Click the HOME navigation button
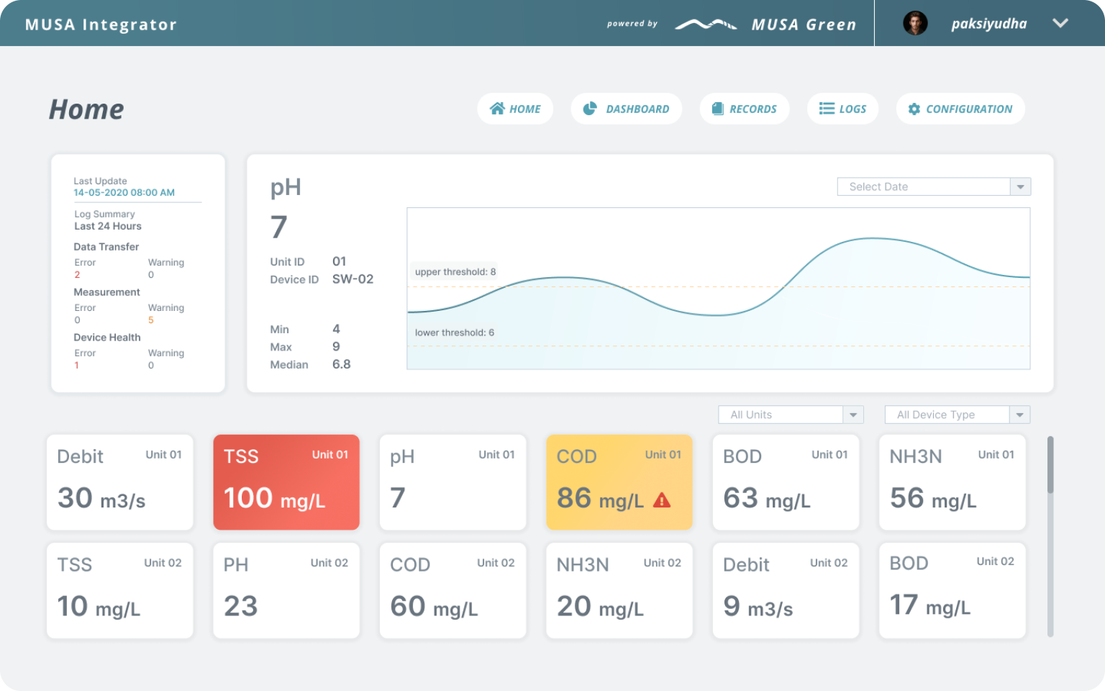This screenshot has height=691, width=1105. [x=515, y=109]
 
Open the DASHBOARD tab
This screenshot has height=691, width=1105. [x=626, y=109]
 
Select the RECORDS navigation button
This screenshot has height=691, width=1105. [x=745, y=109]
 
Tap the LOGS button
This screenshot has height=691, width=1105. [x=842, y=109]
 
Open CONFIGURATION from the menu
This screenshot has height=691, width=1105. [x=960, y=109]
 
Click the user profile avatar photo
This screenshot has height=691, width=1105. [x=915, y=23]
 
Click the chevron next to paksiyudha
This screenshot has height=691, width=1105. [x=1060, y=23]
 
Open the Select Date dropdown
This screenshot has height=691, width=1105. [x=934, y=186]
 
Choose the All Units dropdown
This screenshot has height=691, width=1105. [x=791, y=415]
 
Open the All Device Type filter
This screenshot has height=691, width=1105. [x=957, y=415]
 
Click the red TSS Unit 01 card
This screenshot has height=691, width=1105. [x=286, y=482]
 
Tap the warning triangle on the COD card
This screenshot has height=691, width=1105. [x=662, y=500]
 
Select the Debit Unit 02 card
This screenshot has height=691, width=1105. [x=786, y=590]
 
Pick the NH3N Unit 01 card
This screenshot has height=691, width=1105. [x=952, y=482]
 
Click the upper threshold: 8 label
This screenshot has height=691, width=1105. [x=455, y=271]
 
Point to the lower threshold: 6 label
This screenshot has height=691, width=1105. [x=455, y=332]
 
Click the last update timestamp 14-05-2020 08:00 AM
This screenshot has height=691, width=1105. [x=124, y=192]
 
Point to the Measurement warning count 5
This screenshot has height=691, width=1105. [x=151, y=320]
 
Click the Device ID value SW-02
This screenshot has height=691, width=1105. [x=353, y=279]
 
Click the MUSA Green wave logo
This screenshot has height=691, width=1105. [x=706, y=24]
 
